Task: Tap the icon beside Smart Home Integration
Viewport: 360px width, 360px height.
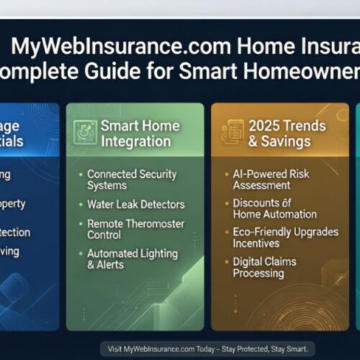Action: (x=86, y=132)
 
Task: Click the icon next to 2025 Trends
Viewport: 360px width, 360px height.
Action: (x=232, y=132)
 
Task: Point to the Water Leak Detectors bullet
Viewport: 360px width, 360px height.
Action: (x=135, y=204)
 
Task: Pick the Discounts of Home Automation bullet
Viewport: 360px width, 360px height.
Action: (x=274, y=209)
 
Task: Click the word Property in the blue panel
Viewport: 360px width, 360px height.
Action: (x=12, y=204)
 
